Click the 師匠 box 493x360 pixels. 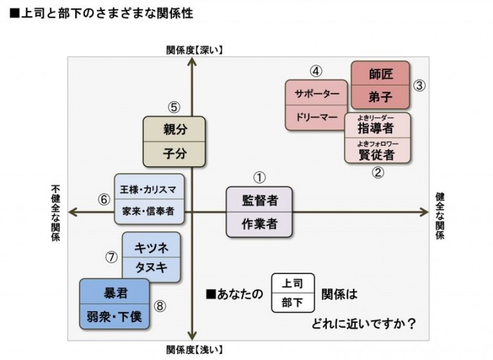point(381,73)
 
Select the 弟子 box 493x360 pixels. point(381,97)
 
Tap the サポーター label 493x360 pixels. point(316,93)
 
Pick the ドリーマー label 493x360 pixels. point(316,118)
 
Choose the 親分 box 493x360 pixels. point(174,129)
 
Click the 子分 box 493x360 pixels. point(174,154)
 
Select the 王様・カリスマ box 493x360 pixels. point(149,189)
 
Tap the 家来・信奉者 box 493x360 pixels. point(149,211)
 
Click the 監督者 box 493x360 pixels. point(259,200)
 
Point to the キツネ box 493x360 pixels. point(151,248)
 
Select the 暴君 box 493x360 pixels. point(114,294)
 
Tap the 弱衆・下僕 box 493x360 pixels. point(114,316)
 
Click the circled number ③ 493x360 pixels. point(420,85)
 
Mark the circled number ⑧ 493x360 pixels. point(160,306)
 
